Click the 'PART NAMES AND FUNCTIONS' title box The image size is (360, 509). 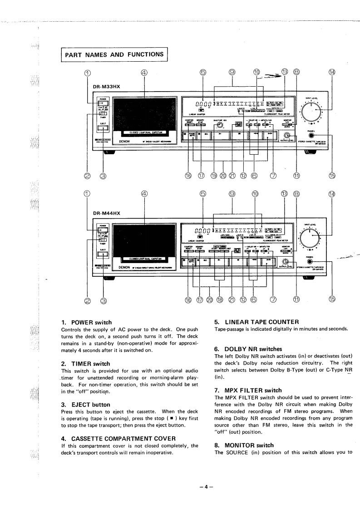(x=114, y=54)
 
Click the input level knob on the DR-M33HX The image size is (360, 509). (x=311, y=111)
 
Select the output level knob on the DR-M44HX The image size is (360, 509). (x=284, y=262)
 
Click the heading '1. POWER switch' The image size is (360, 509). (x=86, y=310)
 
